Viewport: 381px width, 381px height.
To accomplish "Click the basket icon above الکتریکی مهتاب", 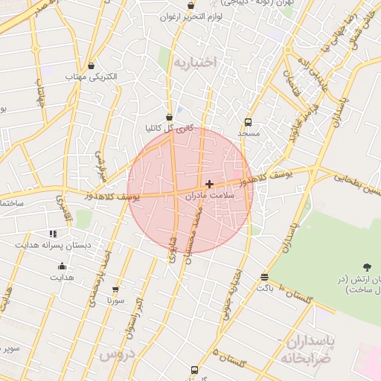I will click(91, 65).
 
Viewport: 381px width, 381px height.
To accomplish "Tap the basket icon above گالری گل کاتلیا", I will click(170, 117).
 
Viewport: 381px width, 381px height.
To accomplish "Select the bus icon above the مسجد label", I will click(248, 122).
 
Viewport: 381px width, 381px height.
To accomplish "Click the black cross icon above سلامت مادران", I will click(209, 183).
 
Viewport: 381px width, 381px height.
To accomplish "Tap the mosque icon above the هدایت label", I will click(62, 266).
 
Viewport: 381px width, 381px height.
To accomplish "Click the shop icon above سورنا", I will click(115, 290).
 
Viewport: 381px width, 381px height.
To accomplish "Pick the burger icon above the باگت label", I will click(265, 276).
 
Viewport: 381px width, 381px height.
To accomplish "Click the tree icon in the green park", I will click(366, 266).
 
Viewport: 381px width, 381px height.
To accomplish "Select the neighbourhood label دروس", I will click(116, 355).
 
